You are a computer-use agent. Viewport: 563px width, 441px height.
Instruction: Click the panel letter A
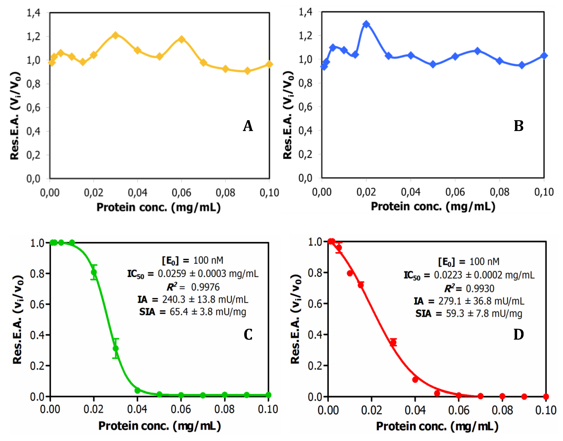(248, 126)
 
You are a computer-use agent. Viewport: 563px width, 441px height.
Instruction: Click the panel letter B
(518, 126)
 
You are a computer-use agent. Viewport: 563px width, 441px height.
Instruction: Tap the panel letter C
(248, 335)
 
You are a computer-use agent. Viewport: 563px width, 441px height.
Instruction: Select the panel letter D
(518, 335)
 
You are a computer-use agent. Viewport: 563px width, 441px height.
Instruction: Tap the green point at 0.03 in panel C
(116, 348)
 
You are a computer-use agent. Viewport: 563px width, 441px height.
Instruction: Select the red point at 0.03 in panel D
(393, 343)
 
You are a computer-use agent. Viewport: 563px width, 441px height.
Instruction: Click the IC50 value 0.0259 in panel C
(172, 273)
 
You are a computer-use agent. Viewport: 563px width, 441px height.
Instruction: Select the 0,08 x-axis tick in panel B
(499, 192)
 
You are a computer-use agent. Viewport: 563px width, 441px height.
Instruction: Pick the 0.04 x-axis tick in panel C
(137, 409)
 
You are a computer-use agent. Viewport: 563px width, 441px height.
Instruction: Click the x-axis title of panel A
(158, 207)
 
